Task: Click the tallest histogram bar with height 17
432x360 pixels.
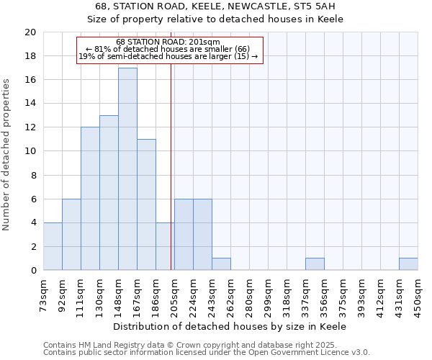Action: [127, 169]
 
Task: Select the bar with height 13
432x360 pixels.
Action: [109, 193]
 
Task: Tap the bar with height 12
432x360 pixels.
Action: [90, 199]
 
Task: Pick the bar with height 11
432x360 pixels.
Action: [146, 204]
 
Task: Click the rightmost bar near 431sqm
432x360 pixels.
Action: [408, 264]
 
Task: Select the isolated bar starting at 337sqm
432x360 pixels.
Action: [315, 264]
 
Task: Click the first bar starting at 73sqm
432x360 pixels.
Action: [53, 246]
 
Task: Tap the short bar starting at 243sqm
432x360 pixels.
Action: [221, 264]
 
